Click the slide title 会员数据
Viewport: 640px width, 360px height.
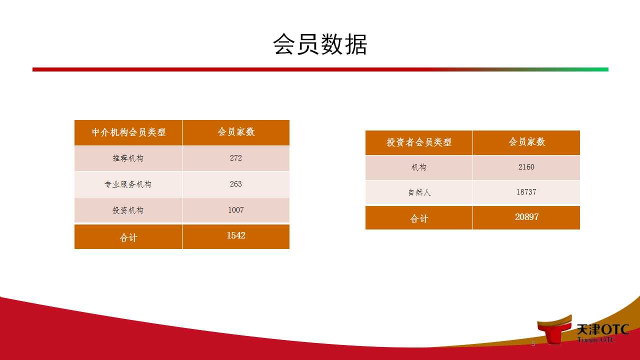click(320, 44)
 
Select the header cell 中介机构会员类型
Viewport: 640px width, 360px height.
click(128, 132)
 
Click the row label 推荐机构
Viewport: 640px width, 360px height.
click(128, 158)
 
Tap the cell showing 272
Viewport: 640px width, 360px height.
click(235, 157)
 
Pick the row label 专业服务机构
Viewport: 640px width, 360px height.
click(128, 184)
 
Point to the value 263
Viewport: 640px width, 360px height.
click(235, 183)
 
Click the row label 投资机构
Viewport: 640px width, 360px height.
click(128, 210)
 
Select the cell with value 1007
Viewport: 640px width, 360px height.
click(235, 209)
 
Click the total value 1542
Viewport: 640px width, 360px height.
click(236, 235)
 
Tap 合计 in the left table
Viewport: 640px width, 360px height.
click(128, 237)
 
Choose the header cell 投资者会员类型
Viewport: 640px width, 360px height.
click(419, 142)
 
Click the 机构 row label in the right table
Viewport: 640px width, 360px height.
click(419, 167)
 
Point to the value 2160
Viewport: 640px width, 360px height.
click(526, 167)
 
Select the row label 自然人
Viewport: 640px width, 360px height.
click(419, 192)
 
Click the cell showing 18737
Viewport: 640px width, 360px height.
click(526, 191)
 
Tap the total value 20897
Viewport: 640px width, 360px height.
click(526, 217)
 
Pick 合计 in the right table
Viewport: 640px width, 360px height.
click(419, 218)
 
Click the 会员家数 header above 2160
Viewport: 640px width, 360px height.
click(526, 141)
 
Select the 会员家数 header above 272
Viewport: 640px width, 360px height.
click(236, 131)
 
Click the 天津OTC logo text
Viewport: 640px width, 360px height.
click(603, 329)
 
